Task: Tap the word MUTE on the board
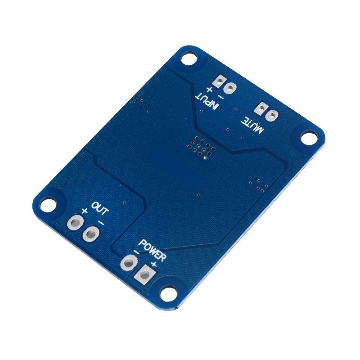click(252, 126)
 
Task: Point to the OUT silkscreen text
click(100, 208)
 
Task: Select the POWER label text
click(152, 250)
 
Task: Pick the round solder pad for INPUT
click(230, 88)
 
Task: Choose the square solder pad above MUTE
click(261, 108)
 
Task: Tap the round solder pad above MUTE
click(272, 115)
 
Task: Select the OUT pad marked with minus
click(91, 234)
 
